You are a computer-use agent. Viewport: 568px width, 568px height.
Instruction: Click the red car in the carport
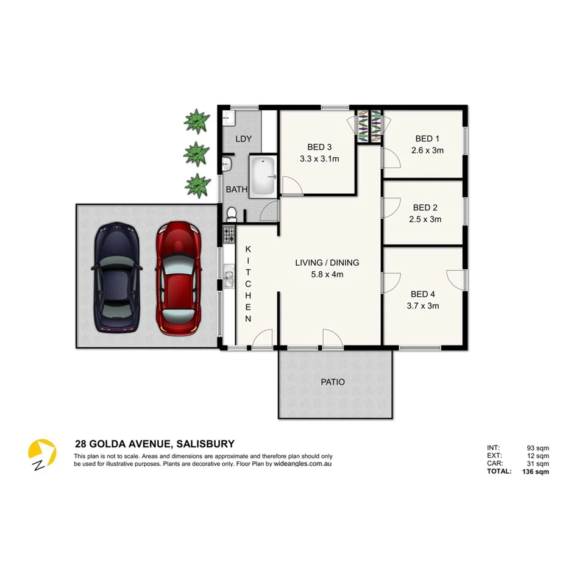(178, 279)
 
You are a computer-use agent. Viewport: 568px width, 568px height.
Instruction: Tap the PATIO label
(333, 382)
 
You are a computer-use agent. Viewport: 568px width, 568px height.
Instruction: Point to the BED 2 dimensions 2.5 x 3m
(425, 219)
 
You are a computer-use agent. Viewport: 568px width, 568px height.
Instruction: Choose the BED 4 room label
(424, 294)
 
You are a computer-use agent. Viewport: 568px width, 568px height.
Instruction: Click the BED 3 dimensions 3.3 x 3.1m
(319, 159)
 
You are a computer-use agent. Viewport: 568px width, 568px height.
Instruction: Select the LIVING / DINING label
(327, 263)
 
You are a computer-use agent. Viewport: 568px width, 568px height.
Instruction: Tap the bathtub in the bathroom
(263, 177)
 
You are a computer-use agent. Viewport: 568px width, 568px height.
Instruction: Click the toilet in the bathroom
(232, 213)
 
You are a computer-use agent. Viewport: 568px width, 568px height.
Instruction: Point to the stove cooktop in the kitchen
(229, 235)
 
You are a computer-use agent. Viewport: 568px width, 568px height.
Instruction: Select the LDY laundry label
(243, 139)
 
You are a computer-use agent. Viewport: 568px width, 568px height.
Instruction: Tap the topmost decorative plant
(196, 121)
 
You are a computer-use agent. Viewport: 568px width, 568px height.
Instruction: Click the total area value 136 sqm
(536, 471)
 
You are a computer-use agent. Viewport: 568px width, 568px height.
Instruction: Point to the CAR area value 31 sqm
(538, 463)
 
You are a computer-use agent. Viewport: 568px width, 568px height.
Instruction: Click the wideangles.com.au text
(302, 464)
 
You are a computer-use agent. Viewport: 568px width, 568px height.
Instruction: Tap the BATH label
(236, 190)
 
